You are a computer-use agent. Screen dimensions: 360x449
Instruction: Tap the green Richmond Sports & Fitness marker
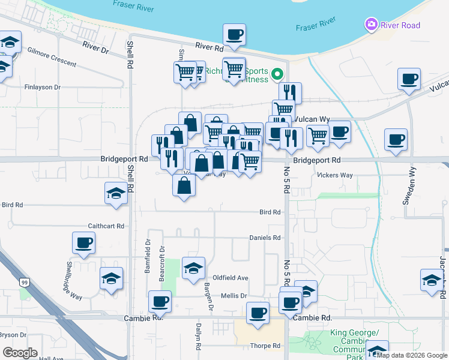pos(277,74)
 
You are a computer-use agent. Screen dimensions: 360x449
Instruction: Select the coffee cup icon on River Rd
pos(234,35)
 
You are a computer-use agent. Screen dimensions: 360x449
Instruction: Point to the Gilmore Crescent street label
pos(52,57)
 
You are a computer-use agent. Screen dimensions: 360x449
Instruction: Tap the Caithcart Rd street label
pos(105,226)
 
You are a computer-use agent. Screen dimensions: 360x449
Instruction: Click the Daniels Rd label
pos(265,238)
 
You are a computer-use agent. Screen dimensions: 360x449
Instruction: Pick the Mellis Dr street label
pos(235,296)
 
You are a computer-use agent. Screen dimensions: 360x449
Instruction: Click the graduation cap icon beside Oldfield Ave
pos(193,268)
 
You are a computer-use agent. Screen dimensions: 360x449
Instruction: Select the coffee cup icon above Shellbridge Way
pos(83,244)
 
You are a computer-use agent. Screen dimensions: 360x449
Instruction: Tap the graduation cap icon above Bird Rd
pos(116,193)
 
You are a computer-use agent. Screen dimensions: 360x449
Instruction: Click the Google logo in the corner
pos(20,353)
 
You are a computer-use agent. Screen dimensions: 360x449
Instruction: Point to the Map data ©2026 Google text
pos(412,355)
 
